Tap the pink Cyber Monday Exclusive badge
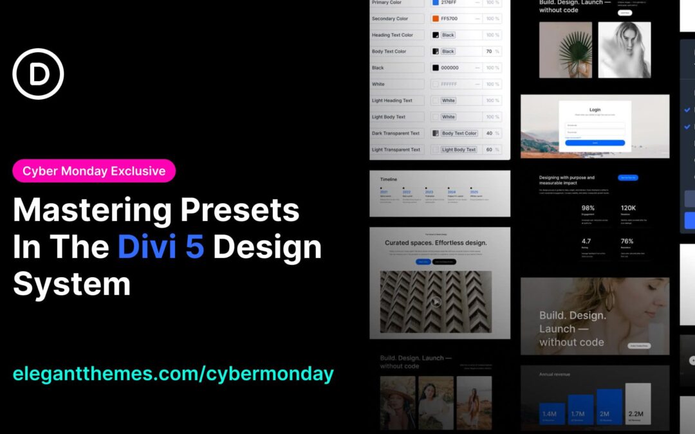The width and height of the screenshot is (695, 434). pos(94,170)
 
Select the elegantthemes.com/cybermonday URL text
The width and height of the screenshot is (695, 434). pos(173,374)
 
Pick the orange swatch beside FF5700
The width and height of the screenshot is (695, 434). pos(436,19)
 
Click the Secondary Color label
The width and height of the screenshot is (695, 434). pos(390,19)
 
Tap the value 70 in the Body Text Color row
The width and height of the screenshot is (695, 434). pos(489,51)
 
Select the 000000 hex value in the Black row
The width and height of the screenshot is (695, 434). pos(450,68)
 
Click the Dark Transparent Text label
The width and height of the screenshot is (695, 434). pos(396,133)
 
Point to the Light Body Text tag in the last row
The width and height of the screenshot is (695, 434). pos(459,150)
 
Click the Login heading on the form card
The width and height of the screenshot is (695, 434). pos(595,110)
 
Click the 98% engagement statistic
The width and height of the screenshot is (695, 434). pos(588,208)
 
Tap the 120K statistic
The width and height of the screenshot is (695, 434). pos(629,208)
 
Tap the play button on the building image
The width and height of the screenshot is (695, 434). pos(436,301)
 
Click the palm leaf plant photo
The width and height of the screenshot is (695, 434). pos(566,50)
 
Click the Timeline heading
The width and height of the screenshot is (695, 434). pos(389,179)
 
